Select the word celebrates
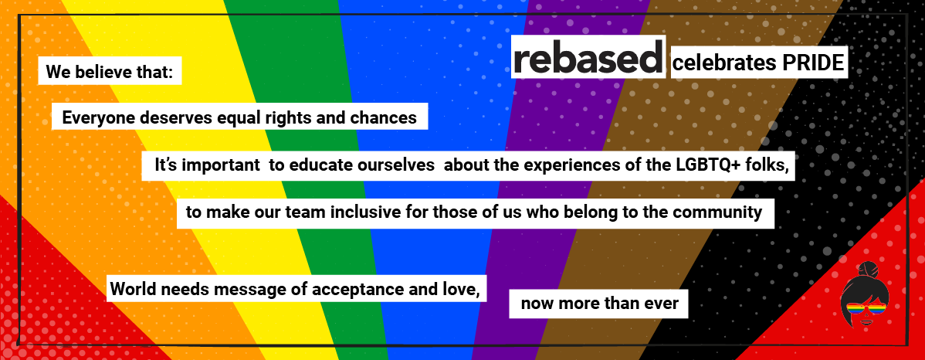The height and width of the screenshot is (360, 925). (723, 64)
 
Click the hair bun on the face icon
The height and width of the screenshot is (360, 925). (866, 270)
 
